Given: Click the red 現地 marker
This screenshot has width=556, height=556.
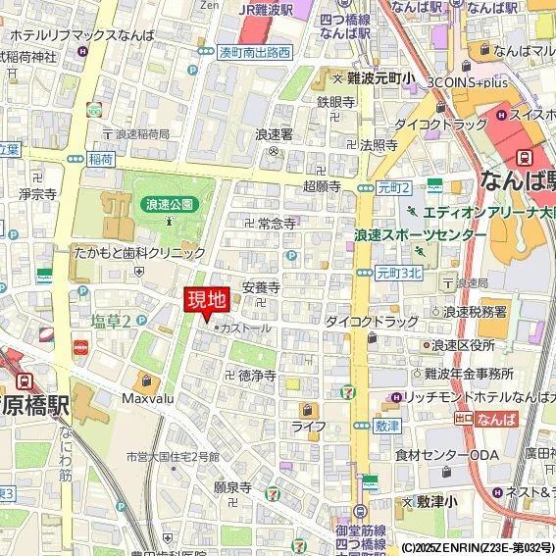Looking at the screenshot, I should (206, 300).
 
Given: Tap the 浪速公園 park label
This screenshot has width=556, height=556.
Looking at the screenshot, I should (170, 204).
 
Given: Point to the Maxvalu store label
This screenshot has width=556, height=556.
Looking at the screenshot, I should (148, 399).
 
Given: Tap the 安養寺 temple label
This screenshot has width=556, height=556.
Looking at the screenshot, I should (261, 288).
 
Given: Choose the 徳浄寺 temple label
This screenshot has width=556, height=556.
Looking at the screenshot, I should (256, 376).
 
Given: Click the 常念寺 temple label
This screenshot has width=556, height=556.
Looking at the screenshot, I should (277, 224).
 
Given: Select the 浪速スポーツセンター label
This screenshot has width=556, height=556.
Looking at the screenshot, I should (420, 235).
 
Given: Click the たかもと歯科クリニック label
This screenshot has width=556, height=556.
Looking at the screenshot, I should (138, 252).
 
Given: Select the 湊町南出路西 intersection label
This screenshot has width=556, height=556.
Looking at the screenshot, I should (254, 52).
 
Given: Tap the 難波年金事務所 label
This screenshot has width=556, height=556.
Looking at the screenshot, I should (469, 374).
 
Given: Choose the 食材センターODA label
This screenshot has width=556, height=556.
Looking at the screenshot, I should (446, 455).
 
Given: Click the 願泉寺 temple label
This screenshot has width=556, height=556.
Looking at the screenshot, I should (233, 486).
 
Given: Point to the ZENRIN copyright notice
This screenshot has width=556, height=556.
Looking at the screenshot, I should (477, 547).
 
